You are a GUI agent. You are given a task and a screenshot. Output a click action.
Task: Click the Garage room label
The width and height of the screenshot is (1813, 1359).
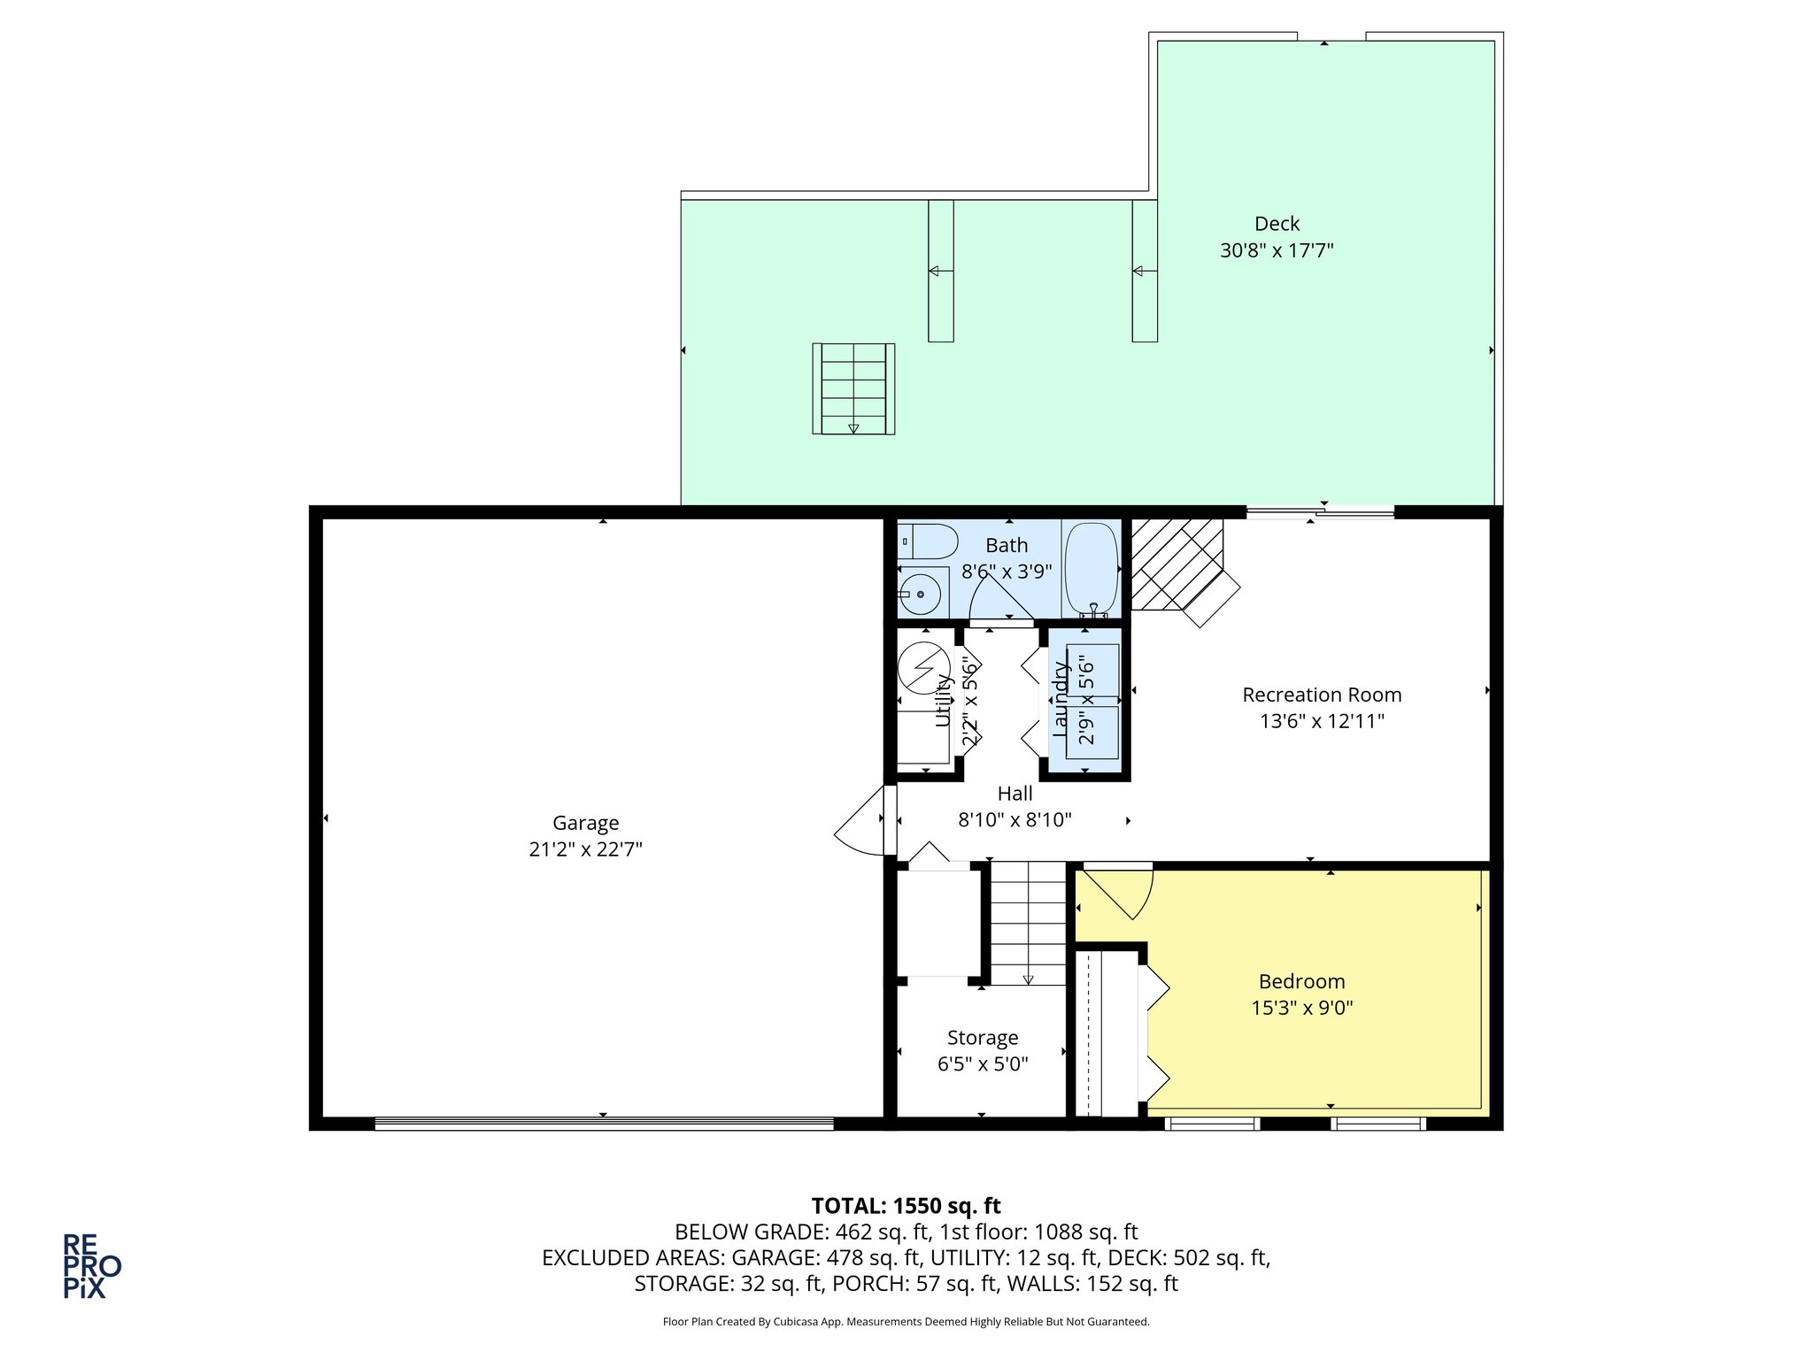tap(585, 823)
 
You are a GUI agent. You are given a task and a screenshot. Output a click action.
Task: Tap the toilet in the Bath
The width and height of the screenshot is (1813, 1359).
tap(927, 541)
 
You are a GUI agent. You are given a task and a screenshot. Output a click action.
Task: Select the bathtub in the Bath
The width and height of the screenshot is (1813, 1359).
tap(1091, 568)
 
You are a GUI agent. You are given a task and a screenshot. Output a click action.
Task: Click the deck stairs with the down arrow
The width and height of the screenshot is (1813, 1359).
tap(853, 388)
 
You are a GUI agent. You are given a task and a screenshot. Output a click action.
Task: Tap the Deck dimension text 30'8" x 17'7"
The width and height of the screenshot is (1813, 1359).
tap(1276, 250)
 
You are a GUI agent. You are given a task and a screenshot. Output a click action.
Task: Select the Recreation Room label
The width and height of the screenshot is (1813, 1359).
tap(1321, 695)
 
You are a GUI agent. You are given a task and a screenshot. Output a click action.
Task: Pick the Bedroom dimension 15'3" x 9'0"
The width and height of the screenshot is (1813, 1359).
tap(1301, 1008)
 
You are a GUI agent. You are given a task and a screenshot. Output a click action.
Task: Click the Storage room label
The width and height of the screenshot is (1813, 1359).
tap(982, 1038)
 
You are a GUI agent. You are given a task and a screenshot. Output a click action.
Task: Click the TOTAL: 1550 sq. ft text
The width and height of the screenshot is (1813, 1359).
tap(906, 1206)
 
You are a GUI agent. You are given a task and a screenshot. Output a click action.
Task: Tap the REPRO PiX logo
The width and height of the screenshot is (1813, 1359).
tap(90, 1266)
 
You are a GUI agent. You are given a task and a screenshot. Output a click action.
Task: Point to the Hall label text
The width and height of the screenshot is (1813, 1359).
tap(1015, 794)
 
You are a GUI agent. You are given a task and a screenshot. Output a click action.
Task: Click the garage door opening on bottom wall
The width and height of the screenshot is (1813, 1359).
tap(604, 1124)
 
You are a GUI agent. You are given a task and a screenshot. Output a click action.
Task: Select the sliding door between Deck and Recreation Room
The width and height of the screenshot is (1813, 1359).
tap(1319, 511)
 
